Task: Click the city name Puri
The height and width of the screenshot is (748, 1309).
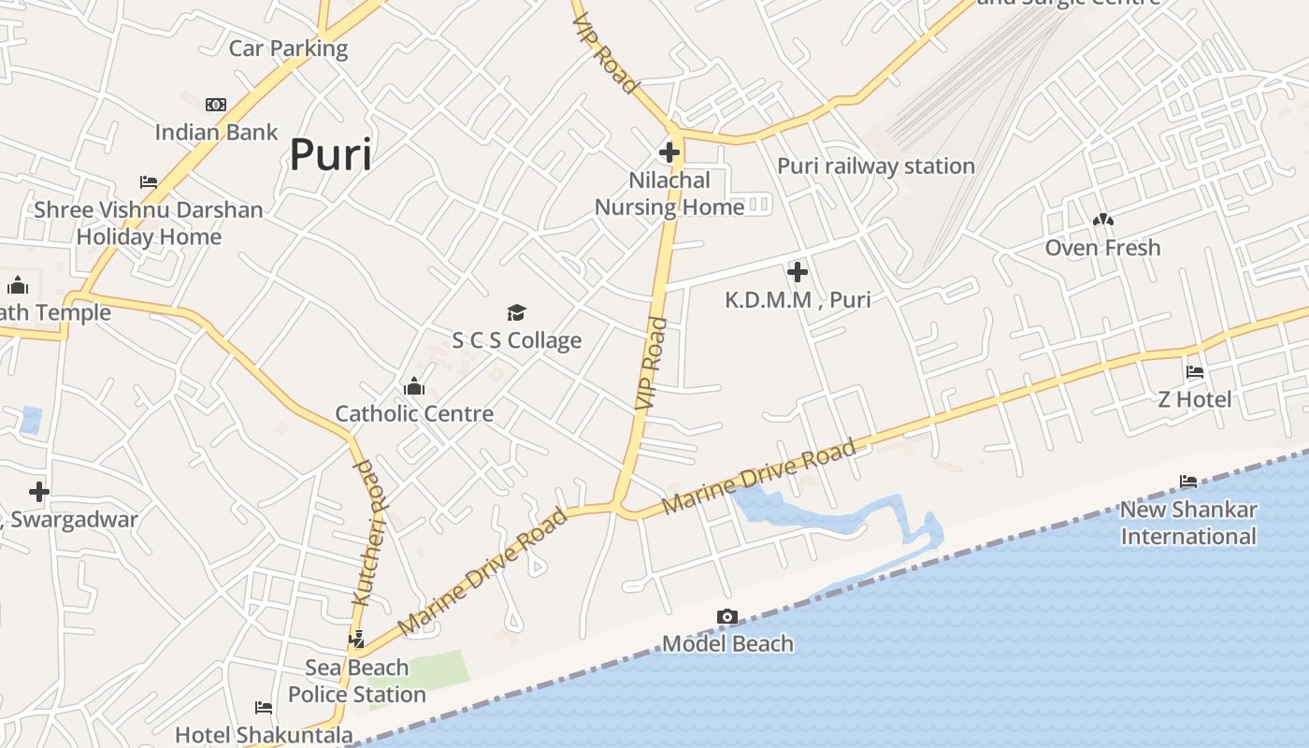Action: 330,154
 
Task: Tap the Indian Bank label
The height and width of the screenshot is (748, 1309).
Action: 216,132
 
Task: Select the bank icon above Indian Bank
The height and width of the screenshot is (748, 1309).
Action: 216,105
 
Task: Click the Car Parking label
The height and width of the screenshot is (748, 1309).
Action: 288,49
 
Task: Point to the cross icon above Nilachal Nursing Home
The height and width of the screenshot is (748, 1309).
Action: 669,151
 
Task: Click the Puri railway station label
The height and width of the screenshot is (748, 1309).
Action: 876,166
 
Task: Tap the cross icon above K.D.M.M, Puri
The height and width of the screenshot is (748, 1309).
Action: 797,272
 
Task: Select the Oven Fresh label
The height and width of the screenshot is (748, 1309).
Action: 1102,248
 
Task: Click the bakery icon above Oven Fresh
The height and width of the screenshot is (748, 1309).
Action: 1102,221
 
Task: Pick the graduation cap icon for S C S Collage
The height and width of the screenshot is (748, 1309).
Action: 516,312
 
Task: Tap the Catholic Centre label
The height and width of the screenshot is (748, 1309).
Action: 414,413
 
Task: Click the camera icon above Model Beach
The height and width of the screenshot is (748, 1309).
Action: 726,617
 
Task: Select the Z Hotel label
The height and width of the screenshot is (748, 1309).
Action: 1194,399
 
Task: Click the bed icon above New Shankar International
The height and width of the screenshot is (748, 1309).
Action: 1188,482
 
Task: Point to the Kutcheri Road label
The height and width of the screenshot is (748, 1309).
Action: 369,533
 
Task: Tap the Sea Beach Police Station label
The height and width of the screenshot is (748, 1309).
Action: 356,682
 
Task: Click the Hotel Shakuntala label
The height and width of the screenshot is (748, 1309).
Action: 264,735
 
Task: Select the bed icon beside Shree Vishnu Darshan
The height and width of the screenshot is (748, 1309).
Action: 149,182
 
